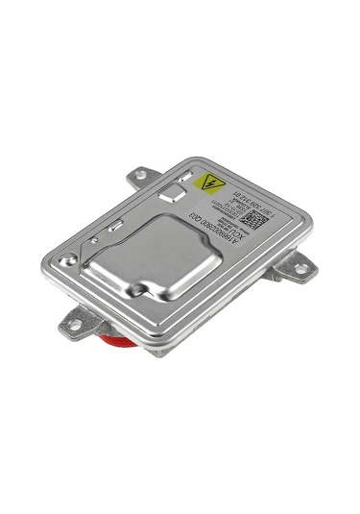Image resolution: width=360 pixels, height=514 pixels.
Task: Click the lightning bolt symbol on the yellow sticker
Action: click(x=211, y=183)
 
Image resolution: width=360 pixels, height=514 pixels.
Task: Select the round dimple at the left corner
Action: click(x=67, y=259)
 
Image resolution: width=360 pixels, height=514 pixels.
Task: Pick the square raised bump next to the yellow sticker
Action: click(x=174, y=194)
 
